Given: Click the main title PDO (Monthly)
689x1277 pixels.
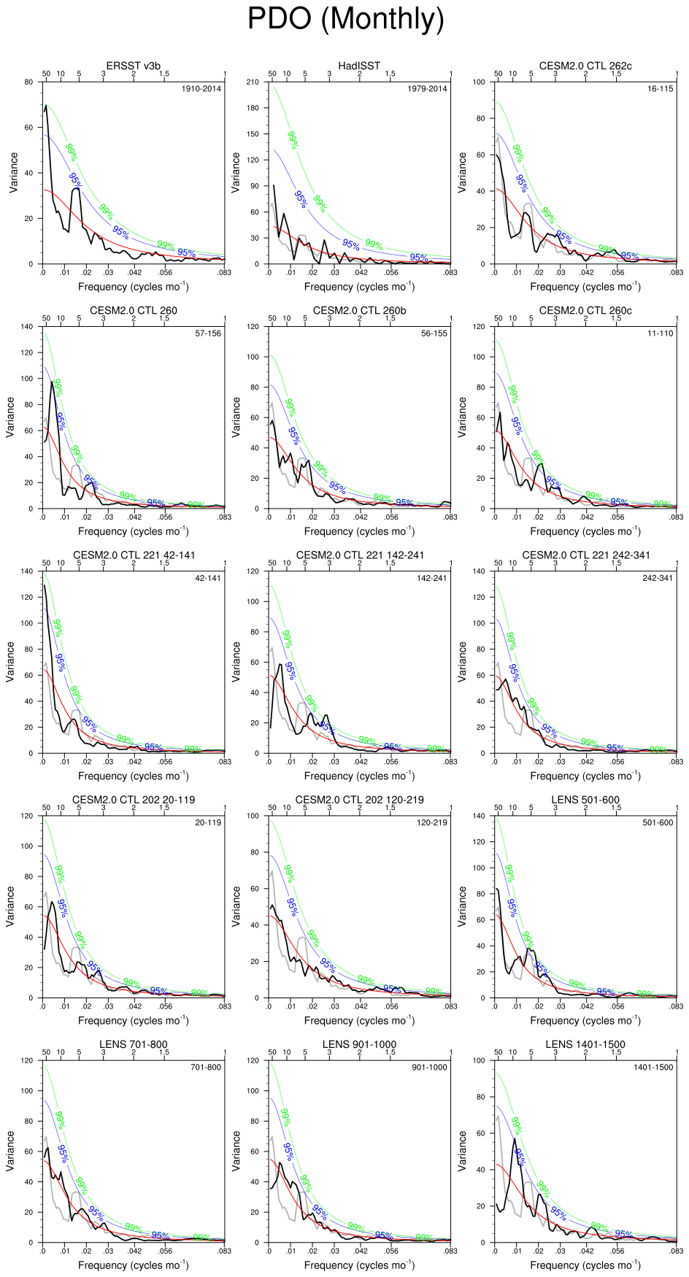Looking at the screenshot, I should pyautogui.click(x=345, y=18).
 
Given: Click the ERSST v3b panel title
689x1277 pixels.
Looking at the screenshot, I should pyautogui.click(x=134, y=66).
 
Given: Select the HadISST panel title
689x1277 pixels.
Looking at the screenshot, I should pyautogui.click(x=359, y=66).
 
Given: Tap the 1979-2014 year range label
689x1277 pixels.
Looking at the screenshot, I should pyautogui.click(x=427, y=89).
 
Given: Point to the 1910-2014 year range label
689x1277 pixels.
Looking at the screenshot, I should pyautogui.click(x=201, y=89).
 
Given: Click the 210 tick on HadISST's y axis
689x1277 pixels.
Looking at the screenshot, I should pyautogui.click(x=253, y=82).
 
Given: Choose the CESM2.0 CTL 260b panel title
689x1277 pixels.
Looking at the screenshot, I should pyautogui.click(x=359, y=310).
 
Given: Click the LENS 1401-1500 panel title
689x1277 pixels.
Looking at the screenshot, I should pyautogui.click(x=585, y=1044).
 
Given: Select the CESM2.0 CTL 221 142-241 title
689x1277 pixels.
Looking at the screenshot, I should pyautogui.click(x=360, y=555).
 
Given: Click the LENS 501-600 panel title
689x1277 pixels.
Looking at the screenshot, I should pyautogui.click(x=585, y=800).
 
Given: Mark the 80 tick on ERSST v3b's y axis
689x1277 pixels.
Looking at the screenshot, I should pyautogui.click(x=28, y=82).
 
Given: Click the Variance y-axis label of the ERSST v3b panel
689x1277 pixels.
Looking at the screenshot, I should pyautogui.click(x=14, y=173).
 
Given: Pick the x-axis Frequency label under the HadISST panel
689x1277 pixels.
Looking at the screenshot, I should pyautogui.click(x=359, y=287).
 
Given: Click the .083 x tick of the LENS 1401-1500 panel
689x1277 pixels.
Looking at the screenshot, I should pyautogui.click(x=677, y=1251).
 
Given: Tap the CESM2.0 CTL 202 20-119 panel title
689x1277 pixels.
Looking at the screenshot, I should pyautogui.click(x=134, y=800).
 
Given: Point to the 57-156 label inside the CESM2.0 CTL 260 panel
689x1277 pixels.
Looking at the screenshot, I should pyautogui.click(x=207, y=333).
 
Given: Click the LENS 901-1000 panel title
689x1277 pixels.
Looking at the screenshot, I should pyautogui.click(x=359, y=1044).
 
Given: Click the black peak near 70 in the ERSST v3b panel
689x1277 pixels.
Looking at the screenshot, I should pyautogui.click(x=46, y=106).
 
